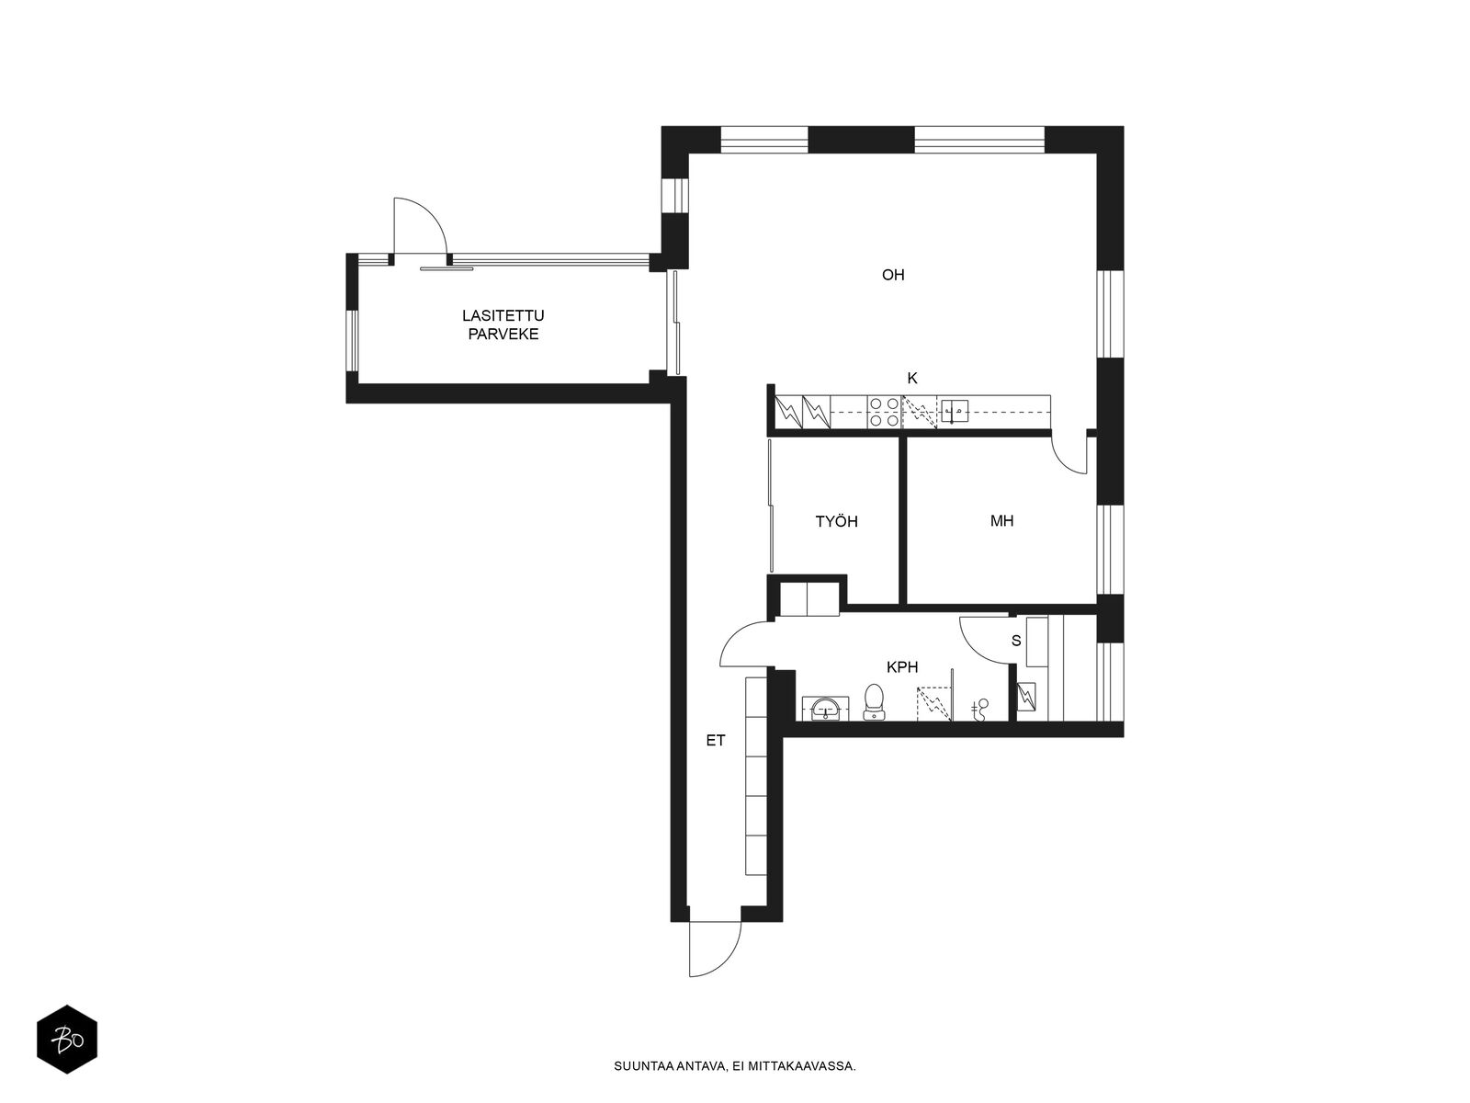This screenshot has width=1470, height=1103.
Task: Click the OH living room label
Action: click(893, 275)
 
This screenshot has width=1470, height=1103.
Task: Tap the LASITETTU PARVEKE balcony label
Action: click(503, 324)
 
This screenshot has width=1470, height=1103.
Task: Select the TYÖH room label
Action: click(836, 521)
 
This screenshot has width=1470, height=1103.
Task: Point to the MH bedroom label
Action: click(1001, 520)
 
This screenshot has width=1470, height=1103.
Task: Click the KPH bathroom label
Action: click(902, 667)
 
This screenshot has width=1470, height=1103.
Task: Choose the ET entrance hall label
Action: click(715, 740)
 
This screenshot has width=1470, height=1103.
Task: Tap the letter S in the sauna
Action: click(1016, 641)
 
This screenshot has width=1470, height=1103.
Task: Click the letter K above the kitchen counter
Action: click(912, 379)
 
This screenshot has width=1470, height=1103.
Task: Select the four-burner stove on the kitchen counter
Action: click(884, 412)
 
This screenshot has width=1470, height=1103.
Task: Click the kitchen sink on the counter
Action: click(955, 411)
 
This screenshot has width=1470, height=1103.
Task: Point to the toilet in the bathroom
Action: click(874, 701)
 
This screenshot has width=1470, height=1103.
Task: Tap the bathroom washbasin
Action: click(825, 708)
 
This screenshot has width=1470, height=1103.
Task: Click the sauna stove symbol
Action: click(1026, 697)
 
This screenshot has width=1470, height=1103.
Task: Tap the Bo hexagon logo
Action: click(67, 1040)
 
